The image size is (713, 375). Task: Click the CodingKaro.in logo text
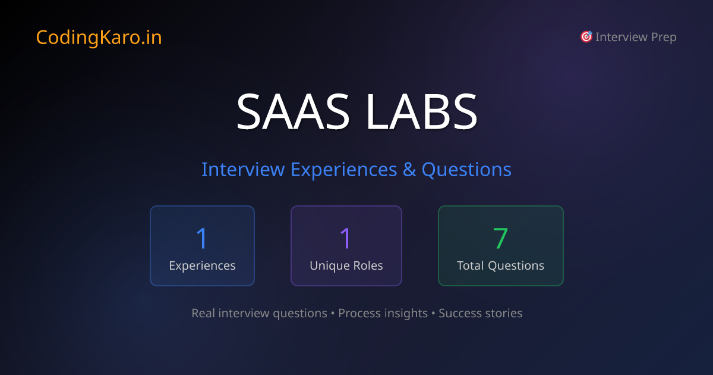pos(99,37)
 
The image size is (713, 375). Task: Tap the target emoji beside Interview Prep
pos(586,37)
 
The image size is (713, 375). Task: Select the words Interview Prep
pos(636,37)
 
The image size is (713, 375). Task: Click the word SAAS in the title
pos(295,111)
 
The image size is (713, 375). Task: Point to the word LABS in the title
pos(422,111)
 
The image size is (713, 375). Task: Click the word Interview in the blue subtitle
pos(242,170)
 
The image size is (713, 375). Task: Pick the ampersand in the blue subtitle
pos(409,170)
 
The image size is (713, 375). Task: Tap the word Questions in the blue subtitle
pos(466,170)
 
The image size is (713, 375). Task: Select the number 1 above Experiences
pos(202,238)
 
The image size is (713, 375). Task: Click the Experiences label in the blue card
pos(202,265)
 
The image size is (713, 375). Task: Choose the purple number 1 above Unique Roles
pos(346,238)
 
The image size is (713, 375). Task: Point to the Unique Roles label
pos(346,265)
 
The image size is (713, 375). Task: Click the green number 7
pos(500,238)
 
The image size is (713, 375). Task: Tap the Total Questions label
pos(500,265)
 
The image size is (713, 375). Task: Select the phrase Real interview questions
pos(259,313)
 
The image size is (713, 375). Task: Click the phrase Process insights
pos(383,313)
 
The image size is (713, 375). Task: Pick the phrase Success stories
pos(480,313)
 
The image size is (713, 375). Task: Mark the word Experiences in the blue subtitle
pos(343,170)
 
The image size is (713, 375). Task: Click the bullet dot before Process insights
pos(333,313)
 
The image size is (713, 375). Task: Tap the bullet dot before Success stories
pos(433,313)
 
